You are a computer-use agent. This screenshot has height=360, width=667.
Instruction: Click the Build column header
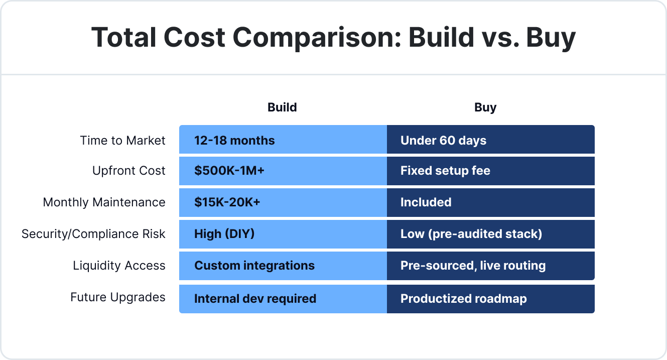pyautogui.click(x=282, y=107)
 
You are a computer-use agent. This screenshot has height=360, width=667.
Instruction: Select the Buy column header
pyautogui.click(x=485, y=107)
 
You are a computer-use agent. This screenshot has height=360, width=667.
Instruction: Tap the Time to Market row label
pyautogui.click(x=122, y=141)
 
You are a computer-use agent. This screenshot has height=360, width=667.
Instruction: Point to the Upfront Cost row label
pyautogui.click(x=128, y=171)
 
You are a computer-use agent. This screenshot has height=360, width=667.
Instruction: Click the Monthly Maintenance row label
pyautogui.click(x=104, y=202)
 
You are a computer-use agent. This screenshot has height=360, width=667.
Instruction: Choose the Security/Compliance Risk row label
pyautogui.click(x=93, y=234)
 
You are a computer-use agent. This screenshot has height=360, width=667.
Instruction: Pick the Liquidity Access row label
pyautogui.click(x=119, y=266)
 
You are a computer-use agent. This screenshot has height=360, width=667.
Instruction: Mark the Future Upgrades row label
pyautogui.click(x=117, y=297)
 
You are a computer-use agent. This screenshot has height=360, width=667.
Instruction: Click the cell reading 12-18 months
pyautogui.click(x=283, y=140)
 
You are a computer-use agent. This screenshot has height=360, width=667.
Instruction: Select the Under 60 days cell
pyautogui.click(x=490, y=140)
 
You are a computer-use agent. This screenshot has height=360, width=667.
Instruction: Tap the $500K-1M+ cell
pyautogui.click(x=283, y=171)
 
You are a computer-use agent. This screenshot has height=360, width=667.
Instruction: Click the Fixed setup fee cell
pyautogui.click(x=490, y=171)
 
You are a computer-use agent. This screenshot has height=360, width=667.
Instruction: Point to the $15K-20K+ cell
pyautogui.click(x=283, y=202)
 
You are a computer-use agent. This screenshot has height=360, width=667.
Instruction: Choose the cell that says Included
pyautogui.click(x=490, y=202)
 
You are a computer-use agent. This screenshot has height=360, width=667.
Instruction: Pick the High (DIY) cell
pyautogui.click(x=283, y=234)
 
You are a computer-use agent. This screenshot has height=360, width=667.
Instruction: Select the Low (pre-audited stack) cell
pyautogui.click(x=490, y=234)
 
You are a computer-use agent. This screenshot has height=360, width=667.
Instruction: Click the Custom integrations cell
pyautogui.click(x=283, y=266)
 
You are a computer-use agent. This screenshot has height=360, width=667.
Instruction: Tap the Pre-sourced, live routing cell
pyautogui.click(x=490, y=266)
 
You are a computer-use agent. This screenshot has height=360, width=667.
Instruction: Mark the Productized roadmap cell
pyautogui.click(x=490, y=299)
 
